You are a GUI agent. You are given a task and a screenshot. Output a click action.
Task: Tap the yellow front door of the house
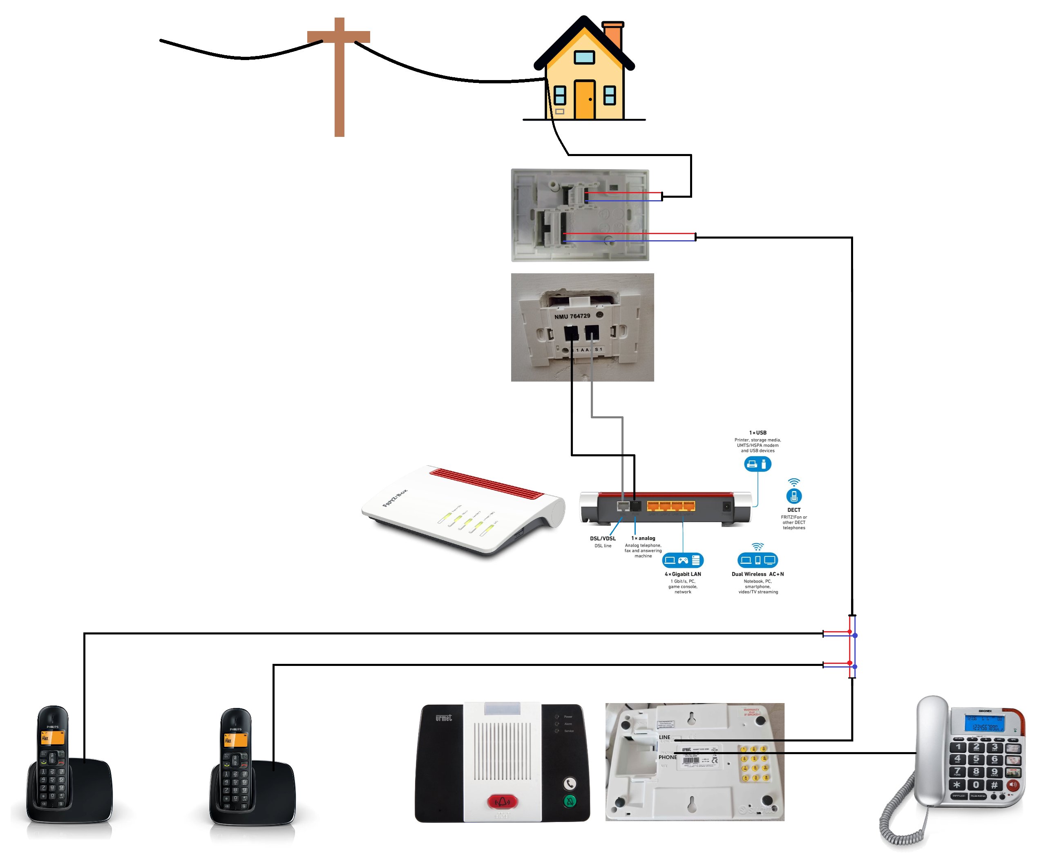(x=584, y=99)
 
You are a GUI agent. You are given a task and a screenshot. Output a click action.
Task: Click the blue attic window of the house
(x=584, y=58)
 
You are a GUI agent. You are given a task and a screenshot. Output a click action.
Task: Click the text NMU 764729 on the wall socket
(x=572, y=316)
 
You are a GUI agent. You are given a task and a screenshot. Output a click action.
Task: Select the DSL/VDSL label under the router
(x=603, y=538)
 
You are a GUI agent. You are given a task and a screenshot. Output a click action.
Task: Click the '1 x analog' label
(x=643, y=538)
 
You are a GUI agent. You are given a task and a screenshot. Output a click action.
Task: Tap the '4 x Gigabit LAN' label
(x=683, y=574)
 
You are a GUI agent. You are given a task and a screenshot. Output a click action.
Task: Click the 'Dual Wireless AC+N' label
(x=757, y=574)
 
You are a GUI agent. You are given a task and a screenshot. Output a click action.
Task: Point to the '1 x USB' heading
(x=757, y=433)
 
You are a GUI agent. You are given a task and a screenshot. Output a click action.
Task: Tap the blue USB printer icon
(x=757, y=464)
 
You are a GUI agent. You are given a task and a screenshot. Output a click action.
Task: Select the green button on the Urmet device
(x=570, y=801)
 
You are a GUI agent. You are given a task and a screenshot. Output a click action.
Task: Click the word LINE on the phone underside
(x=664, y=737)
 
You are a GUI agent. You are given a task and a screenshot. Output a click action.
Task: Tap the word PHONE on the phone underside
(x=668, y=757)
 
